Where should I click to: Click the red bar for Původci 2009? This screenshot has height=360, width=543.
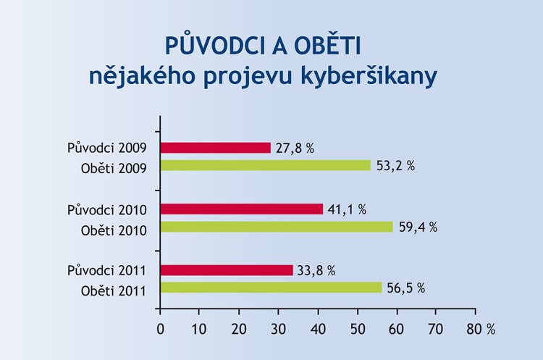tap(215, 148)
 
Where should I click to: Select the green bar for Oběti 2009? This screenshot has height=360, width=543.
tap(265, 165)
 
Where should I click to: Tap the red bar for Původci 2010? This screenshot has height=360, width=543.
tap(241, 209)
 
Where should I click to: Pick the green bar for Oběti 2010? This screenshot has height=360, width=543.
tap(276, 227)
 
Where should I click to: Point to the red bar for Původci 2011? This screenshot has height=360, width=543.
tap(226, 270)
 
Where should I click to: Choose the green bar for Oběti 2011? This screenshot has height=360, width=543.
tap(270, 288)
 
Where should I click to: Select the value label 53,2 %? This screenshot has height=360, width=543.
tap(395, 165)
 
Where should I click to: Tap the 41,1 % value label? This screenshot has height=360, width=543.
tap(347, 209)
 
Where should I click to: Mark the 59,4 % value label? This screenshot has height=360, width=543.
tap(418, 227)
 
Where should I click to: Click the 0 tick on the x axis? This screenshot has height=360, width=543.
tap(160, 328)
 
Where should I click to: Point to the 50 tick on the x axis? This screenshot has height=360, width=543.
tap(357, 328)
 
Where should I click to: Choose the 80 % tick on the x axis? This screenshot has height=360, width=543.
tap(480, 328)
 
